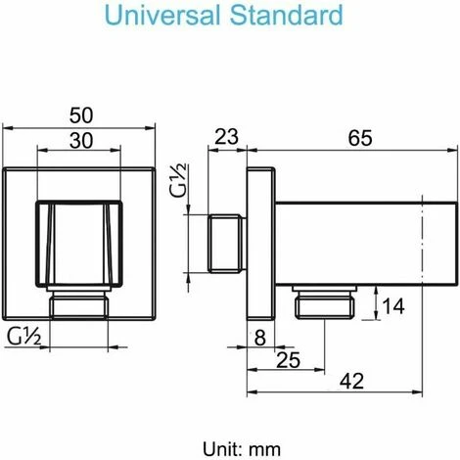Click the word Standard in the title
[x=293, y=17]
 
